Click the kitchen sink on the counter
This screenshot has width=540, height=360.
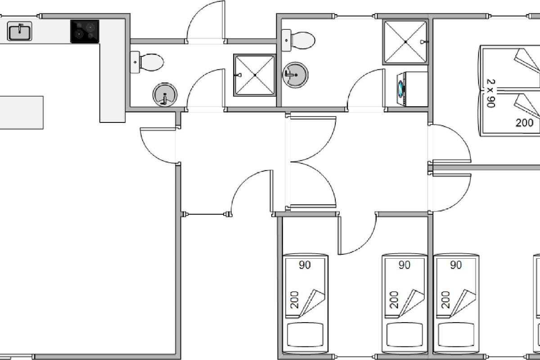tap(19, 31)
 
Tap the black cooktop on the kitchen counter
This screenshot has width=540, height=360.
tap(85, 31)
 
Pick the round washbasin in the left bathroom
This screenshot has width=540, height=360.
tap(165, 95)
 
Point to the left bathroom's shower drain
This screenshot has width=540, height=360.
tap(254, 75)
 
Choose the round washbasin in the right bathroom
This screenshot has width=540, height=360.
tap(295, 75)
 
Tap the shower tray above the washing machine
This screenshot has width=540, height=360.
tap(405, 41)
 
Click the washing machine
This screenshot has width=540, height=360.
tap(412, 89)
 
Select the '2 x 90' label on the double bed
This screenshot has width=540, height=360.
tap(490, 94)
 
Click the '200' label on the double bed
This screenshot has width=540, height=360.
tap(524, 122)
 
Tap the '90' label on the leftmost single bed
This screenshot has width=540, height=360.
tap(305, 265)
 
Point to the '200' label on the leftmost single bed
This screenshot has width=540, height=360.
tap(294, 300)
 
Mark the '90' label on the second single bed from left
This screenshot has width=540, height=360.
tap(404, 265)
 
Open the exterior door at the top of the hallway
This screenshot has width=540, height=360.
tap(205, 22)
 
